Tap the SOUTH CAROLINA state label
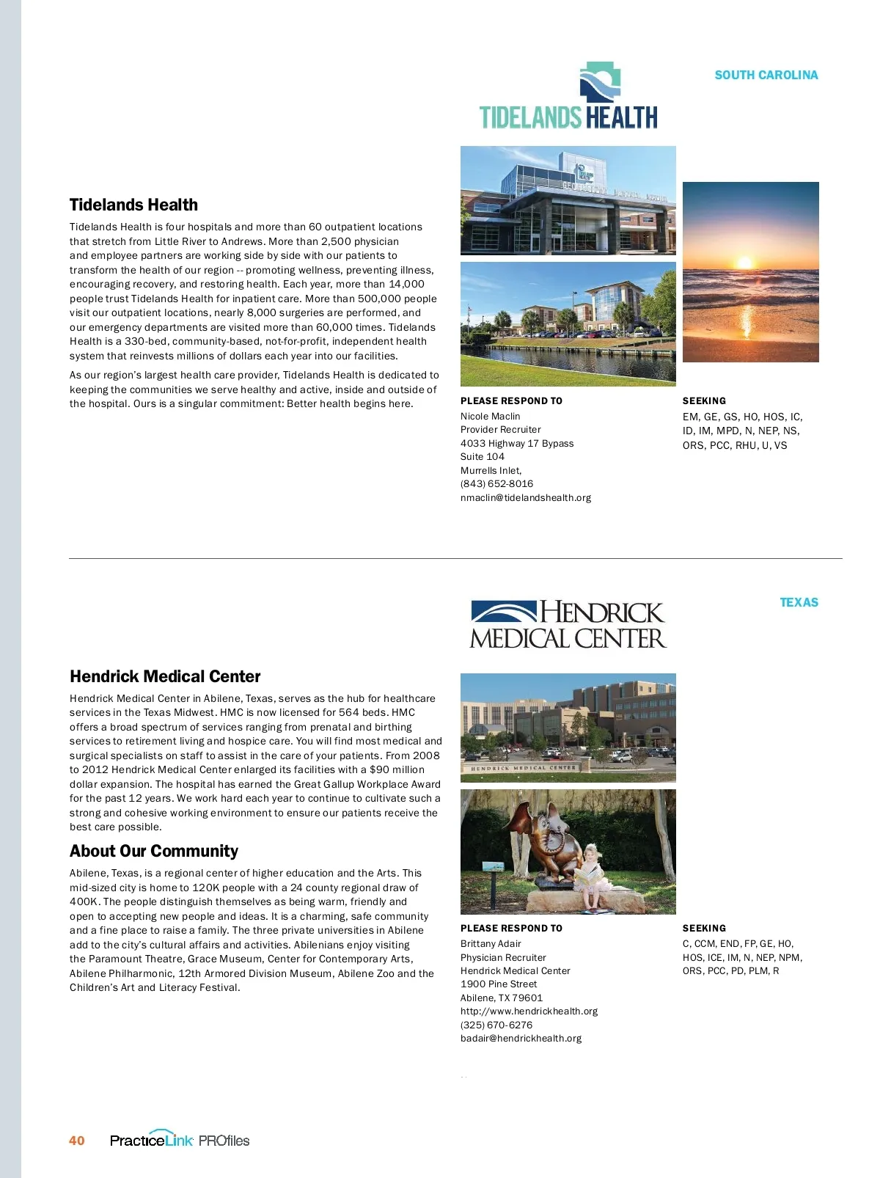pyautogui.click(x=766, y=75)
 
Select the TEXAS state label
pyautogui.click(x=799, y=602)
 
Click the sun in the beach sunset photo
pyautogui.click(x=744, y=262)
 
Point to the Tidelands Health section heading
pyautogui.click(x=133, y=205)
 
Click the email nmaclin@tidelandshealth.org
pyautogui.click(x=525, y=497)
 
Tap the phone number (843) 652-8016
pyautogui.click(x=496, y=483)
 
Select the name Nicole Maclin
pyautogui.click(x=490, y=416)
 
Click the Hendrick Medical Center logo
pyautogui.click(x=568, y=625)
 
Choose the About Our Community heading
pyautogui.click(x=153, y=851)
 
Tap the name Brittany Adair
pyautogui.click(x=491, y=943)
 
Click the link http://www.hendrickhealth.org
pyautogui.click(x=529, y=1011)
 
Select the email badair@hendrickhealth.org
pyautogui.click(x=521, y=1038)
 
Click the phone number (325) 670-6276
pyautogui.click(x=496, y=1025)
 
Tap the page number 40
pyautogui.click(x=76, y=1140)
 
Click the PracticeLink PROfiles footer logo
pyautogui.click(x=180, y=1140)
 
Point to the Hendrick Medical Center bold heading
pyautogui.click(x=165, y=676)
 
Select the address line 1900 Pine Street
pyautogui.click(x=499, y=984)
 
